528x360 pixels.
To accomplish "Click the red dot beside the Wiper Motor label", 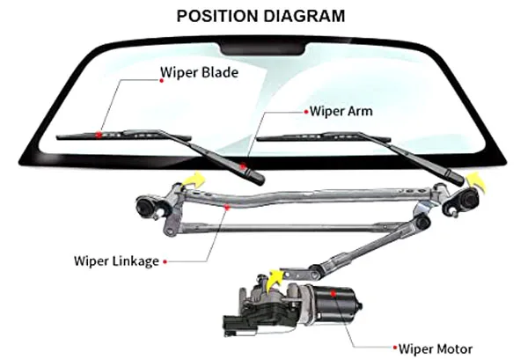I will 402,349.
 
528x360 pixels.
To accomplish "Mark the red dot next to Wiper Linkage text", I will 165,261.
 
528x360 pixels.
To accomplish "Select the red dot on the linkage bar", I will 228,207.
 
